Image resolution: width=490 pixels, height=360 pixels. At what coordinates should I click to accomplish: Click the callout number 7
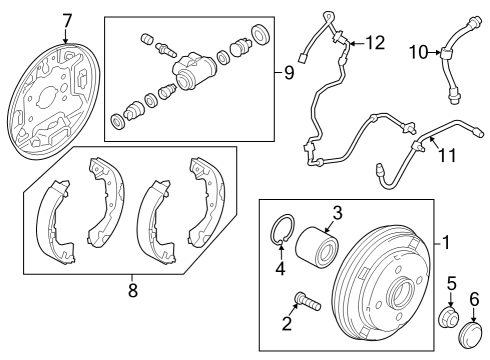point(67,21)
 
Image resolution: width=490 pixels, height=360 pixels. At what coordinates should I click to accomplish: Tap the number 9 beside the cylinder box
point(289,72)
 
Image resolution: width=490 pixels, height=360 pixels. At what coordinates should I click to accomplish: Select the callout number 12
point(375,43)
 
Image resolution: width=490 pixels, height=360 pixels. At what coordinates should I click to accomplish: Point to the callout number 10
point(418,52)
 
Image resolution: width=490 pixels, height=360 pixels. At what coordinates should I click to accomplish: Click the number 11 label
point(447,155)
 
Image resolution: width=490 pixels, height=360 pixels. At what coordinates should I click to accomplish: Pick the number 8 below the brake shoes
point(133,290)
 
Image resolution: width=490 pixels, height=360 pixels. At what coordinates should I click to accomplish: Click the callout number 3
point(337,213)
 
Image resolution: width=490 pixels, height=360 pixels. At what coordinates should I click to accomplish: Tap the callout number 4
point(280,268)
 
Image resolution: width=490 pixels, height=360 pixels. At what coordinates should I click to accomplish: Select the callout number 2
point(287,324)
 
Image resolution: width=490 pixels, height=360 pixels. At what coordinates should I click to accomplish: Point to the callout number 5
point(452,283)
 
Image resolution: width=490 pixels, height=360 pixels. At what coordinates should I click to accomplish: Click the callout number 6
point(474,299)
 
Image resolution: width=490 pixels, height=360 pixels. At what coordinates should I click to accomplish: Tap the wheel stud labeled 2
point(307,301)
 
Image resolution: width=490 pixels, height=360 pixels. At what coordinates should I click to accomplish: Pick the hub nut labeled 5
point(448,319)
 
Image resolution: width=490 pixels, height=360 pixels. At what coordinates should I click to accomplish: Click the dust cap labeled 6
point(471,334)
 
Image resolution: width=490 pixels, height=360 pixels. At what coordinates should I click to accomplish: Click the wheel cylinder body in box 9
point(194,71)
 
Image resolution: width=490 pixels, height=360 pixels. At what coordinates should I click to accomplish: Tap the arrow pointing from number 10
point(434,52)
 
